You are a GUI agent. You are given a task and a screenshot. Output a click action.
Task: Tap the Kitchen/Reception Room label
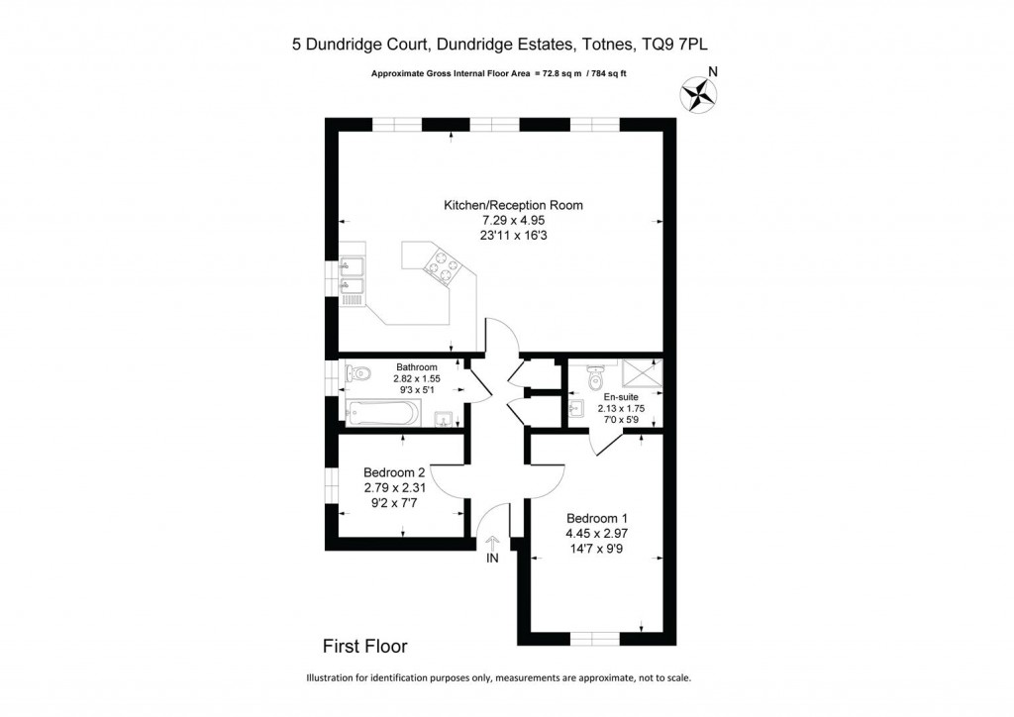tap(513, 205)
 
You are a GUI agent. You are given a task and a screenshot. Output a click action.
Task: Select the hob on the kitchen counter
tap(440, 264)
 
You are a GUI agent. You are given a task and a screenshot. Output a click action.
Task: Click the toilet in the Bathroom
tap(358, 374)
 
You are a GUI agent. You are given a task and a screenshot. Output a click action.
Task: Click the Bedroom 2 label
tap(394, 472)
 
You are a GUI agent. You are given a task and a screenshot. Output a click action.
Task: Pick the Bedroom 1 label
tap(597, 518)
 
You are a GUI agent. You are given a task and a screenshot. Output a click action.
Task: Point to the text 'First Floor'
tap(365, 647)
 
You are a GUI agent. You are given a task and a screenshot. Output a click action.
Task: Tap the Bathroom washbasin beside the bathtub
tap(446, 416)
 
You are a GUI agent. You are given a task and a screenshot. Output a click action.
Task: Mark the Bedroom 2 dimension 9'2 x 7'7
tap(394, 502)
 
